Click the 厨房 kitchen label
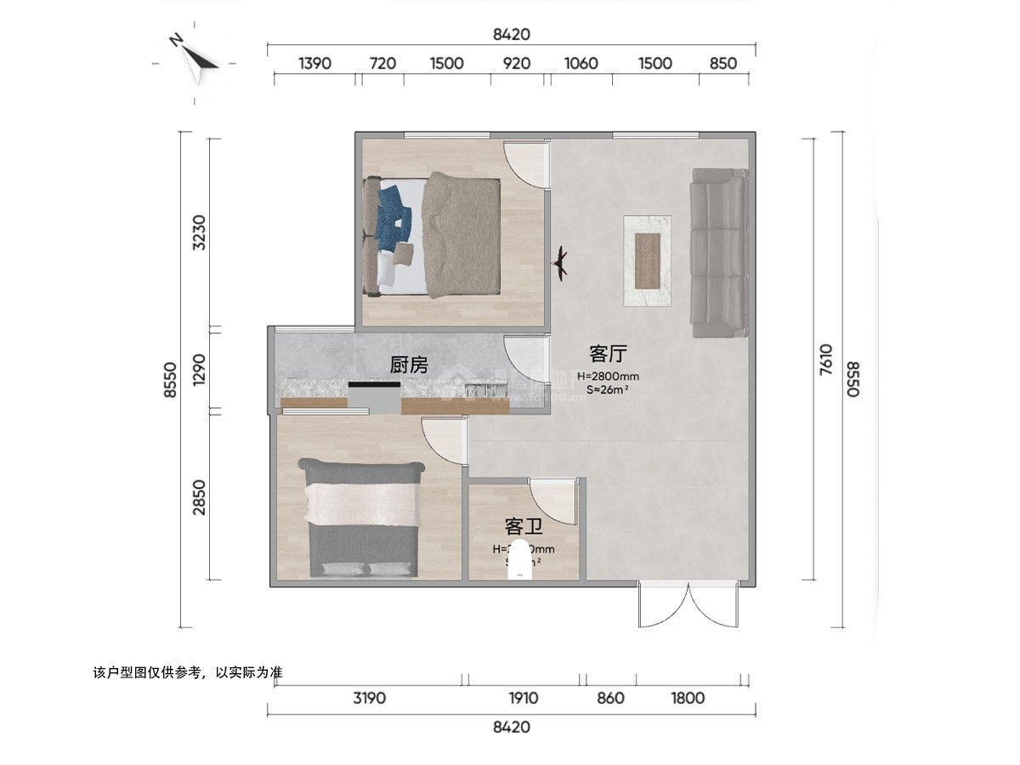[408, 365]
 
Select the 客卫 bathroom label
[524, 526]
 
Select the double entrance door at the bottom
[689, 604]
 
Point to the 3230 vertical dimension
[199, 231]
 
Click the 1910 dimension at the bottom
[524, 698]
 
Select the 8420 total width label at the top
[512, 35]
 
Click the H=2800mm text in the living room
[608, 376]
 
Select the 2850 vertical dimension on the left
[199, 497]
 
